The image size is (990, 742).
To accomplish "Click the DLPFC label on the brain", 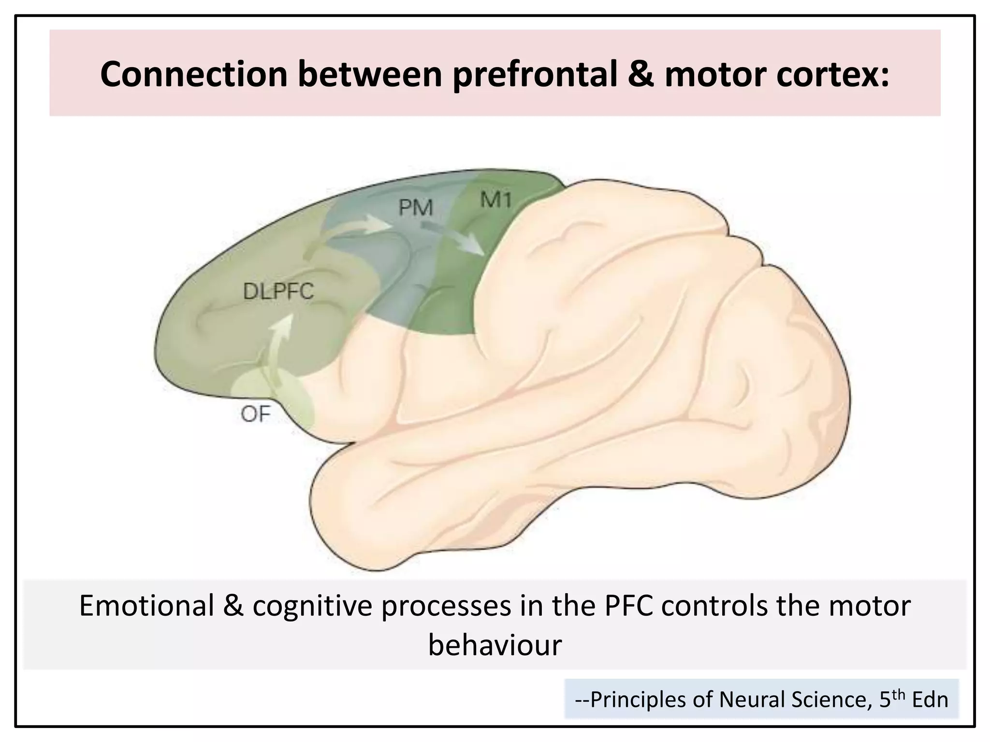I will point(278,291).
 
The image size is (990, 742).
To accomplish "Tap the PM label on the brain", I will point(415,208).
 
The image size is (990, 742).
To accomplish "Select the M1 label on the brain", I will point(496,199).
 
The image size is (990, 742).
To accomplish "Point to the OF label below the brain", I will point(255,414).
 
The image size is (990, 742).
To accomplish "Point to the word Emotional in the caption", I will point(146,606).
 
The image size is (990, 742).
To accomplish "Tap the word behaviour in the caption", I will point(495,644).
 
